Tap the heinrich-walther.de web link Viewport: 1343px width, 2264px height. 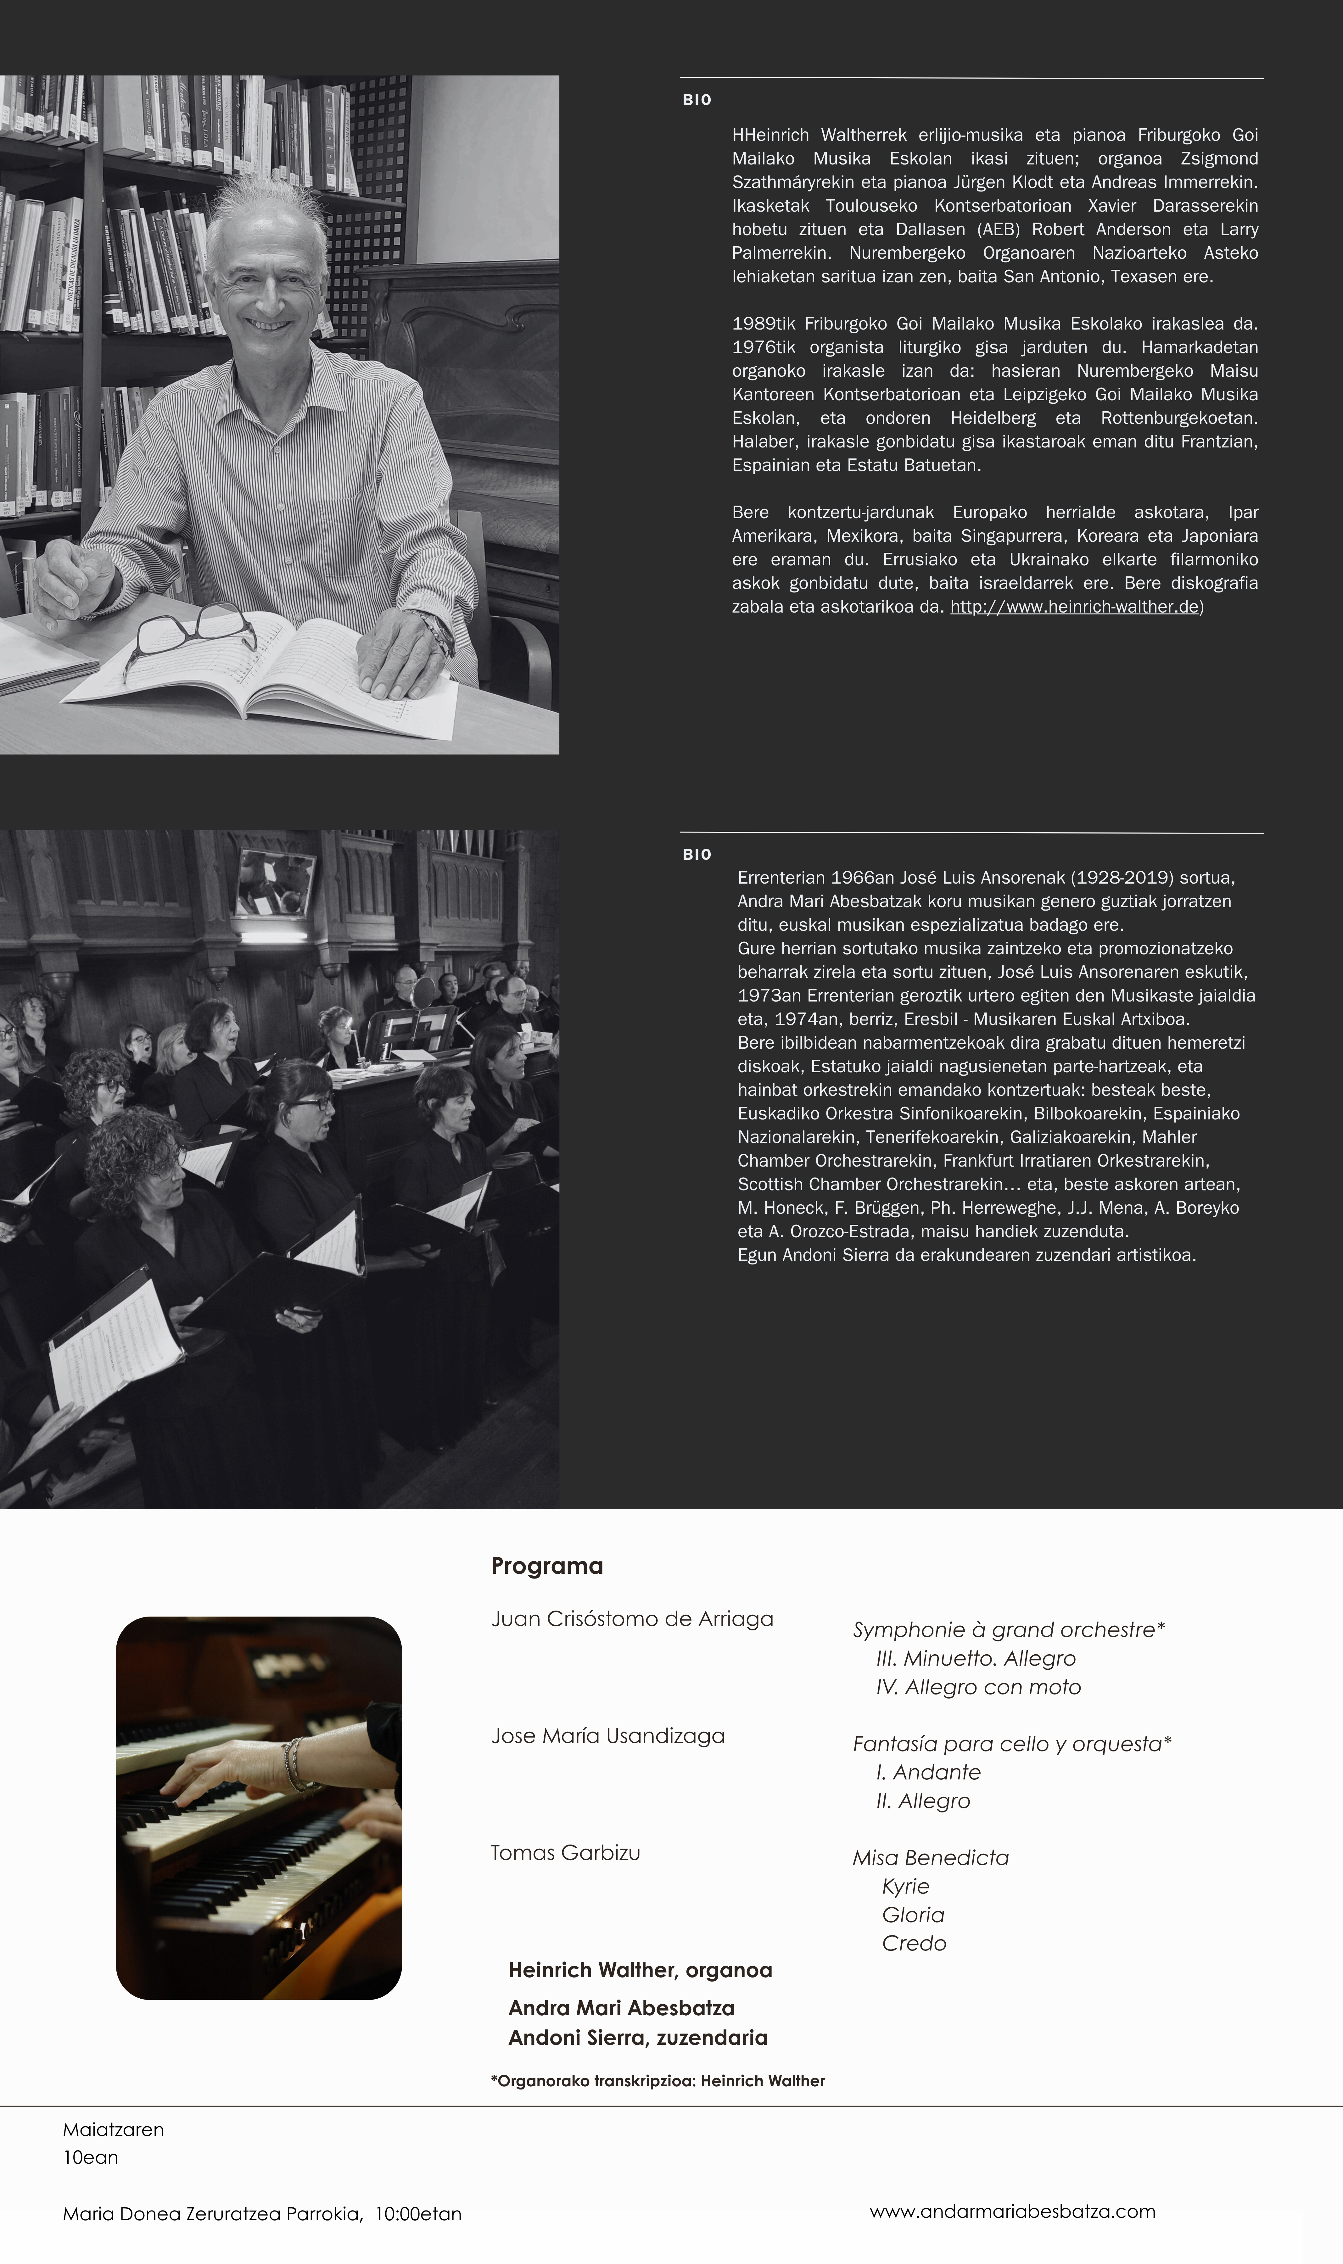pyautogui.click(x=1074, y=607)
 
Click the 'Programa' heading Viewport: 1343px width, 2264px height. pyautogui.click(x=547, y=1566)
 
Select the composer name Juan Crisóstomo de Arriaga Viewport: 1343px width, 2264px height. pyautogui.click(x=632, y=1619)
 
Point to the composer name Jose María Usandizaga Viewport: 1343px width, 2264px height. pyautogui.click(x=607, y=1736)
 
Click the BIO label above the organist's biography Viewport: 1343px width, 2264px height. pyautogui.click(x=697, y=100)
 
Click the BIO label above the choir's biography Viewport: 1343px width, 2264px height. pyautogui.click(x=697, y=855)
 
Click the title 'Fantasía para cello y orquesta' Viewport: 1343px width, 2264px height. pyautogui.click(x=1011, y=1744)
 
